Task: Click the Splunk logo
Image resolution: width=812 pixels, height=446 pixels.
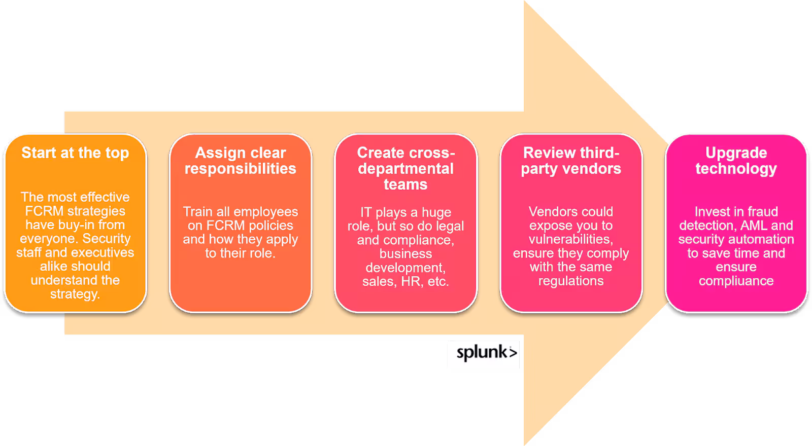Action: click(483, 353)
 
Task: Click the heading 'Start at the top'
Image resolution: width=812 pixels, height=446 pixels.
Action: click(75, 153)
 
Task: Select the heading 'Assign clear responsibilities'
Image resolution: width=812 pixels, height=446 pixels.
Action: click(241, 161)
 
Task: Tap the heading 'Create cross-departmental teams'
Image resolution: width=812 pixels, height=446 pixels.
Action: click(405, 168)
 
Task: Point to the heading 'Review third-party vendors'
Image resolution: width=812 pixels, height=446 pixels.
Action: click(571, 161)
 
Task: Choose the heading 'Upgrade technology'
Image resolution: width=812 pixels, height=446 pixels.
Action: click(736, 161)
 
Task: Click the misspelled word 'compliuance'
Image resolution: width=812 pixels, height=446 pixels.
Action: click(736, 281)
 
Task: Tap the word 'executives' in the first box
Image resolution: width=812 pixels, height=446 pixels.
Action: click(106, 252)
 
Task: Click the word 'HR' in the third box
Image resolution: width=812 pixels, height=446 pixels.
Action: click(411, 281)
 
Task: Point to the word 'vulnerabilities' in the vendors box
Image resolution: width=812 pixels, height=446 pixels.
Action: click(570, 239)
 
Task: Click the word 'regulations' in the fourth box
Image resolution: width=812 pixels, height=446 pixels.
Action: click(571, 281)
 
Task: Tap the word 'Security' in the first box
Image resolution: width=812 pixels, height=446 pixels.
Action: click(107, 238)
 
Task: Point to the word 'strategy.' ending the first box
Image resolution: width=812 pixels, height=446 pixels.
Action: click(75, 294)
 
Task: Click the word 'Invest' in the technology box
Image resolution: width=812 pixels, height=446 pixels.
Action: click(711, 211)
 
